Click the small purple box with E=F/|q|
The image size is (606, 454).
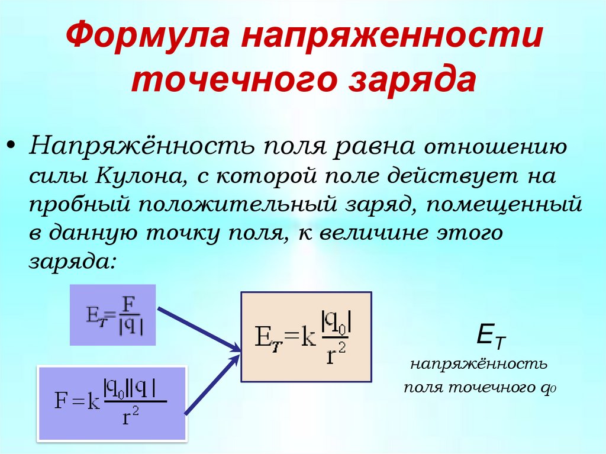[112, 314]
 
